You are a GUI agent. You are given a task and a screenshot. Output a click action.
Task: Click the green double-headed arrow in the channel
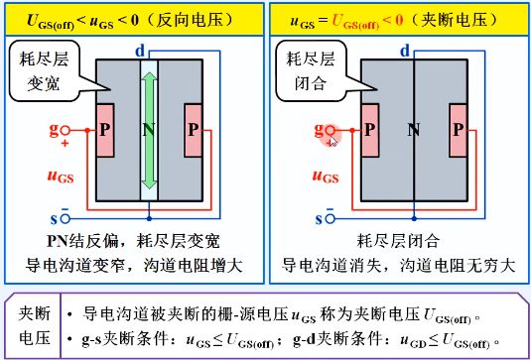[149, 131]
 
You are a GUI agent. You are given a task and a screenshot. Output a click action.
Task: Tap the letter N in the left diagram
[149, 130]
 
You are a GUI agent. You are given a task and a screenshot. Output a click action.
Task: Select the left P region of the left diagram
[105, 130]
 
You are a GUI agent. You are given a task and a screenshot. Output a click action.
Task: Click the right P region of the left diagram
[194, 130]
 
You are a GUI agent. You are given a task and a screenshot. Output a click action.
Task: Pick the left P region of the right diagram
[370, 130]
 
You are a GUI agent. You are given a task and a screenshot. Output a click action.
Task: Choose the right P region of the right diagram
[459, 130]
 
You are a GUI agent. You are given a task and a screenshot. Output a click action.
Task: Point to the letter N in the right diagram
[414, 130]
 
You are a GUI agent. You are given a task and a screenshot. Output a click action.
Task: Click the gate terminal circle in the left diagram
[66, 130]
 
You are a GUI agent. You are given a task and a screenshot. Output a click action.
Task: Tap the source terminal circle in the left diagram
[66, 219]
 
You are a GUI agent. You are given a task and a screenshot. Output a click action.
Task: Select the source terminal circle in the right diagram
[331, 219]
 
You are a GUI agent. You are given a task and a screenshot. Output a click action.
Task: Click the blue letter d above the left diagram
[140, 52]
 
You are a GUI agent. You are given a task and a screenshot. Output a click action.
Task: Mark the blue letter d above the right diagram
[405, 52]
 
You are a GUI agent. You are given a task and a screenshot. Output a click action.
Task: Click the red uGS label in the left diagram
[61, 177]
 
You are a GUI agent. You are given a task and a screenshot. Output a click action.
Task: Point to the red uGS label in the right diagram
[326, 177]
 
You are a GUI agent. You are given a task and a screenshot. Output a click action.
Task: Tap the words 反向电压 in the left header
[195, 20]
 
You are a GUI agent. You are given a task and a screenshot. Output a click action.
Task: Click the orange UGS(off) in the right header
[355, 22]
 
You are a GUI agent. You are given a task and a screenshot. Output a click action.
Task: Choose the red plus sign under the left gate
[65, 144]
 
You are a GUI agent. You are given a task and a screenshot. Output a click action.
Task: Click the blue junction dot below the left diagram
[149, 219]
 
